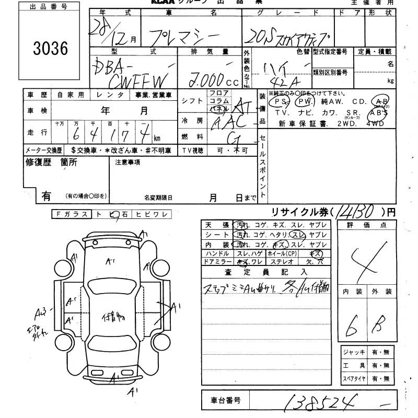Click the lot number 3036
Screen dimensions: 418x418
pos(51,48)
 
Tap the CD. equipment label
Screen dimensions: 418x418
pos(359,102)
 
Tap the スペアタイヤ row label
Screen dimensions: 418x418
pos(354,378)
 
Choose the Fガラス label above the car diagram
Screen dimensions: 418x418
pos(71,214)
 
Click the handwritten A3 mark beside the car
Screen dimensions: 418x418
pos(41,313)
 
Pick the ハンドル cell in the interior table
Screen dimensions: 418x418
pos(218,253)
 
